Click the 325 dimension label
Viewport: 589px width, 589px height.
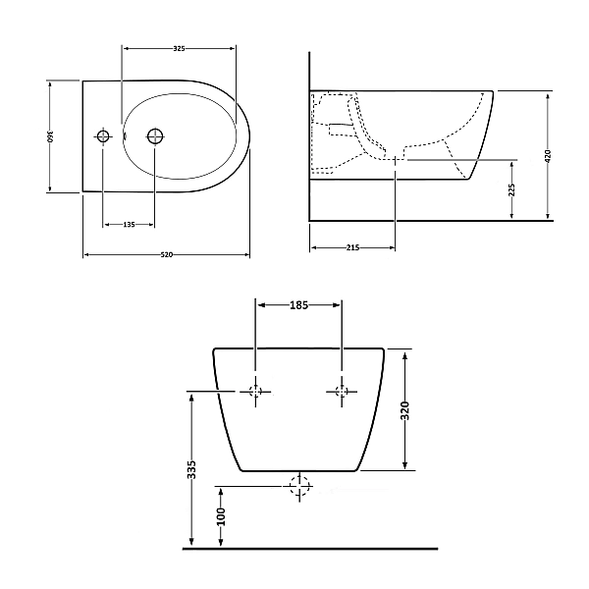pyautogui.click(x=180, y=48)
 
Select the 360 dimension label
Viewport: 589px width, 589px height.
pyautogui.click(x=50, y=136)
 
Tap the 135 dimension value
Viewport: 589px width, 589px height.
pyautogui.click(x=129, y=225)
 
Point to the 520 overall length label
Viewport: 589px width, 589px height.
pyautogui.click(x=167, y=254)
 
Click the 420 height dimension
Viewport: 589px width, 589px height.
pyautogui.click(x=548, y=156)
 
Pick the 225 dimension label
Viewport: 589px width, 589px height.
pyautogui.click(x=511, y=190)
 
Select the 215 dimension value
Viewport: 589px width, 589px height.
pyautogui.click(x=352, y=247)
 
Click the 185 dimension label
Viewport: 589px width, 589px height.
pyautogui.click(x=299, y=305)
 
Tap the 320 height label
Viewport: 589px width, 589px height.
pyautogui.click(x=404, y=410)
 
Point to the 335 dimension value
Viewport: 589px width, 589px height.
pyautogui.click(x=191, y=469)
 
